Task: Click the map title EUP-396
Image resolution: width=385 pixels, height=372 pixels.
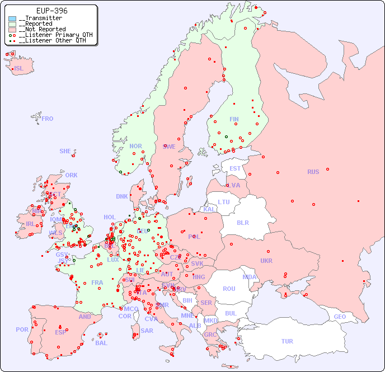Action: click(x=51, y=11)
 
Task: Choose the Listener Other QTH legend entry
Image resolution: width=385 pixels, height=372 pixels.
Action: click(x=52, y=40)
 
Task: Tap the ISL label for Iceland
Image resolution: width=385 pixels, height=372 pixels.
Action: click(x=19, y=69)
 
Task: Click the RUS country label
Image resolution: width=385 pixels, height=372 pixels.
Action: click(x=313, y=172)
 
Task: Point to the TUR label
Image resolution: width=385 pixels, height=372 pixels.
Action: click(x=287, y=341)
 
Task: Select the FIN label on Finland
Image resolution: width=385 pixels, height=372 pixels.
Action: click(x=234, y=119)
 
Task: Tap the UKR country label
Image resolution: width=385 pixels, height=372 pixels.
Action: click(x=266, y=261)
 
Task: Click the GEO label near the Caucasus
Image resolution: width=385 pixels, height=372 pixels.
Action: click(x=340, y=317)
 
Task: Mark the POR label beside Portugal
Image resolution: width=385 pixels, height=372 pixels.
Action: click(x=22, y=329)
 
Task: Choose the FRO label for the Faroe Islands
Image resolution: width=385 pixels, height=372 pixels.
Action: click(x=48, y=119)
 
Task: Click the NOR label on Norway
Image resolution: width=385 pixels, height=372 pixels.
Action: click(x=135, y=146)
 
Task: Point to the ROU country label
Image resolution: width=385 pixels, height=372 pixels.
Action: click(x=229, y=289)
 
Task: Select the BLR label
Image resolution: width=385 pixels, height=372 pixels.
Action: click(x=242, y=222)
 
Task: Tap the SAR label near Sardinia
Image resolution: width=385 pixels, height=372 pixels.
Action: click(x=147, y=331)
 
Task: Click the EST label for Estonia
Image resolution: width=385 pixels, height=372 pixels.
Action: click(x=235, y=168)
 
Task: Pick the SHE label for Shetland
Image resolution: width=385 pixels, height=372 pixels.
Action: click(x=65, y=151)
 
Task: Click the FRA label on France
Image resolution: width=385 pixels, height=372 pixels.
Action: click(x=97, y=282)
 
